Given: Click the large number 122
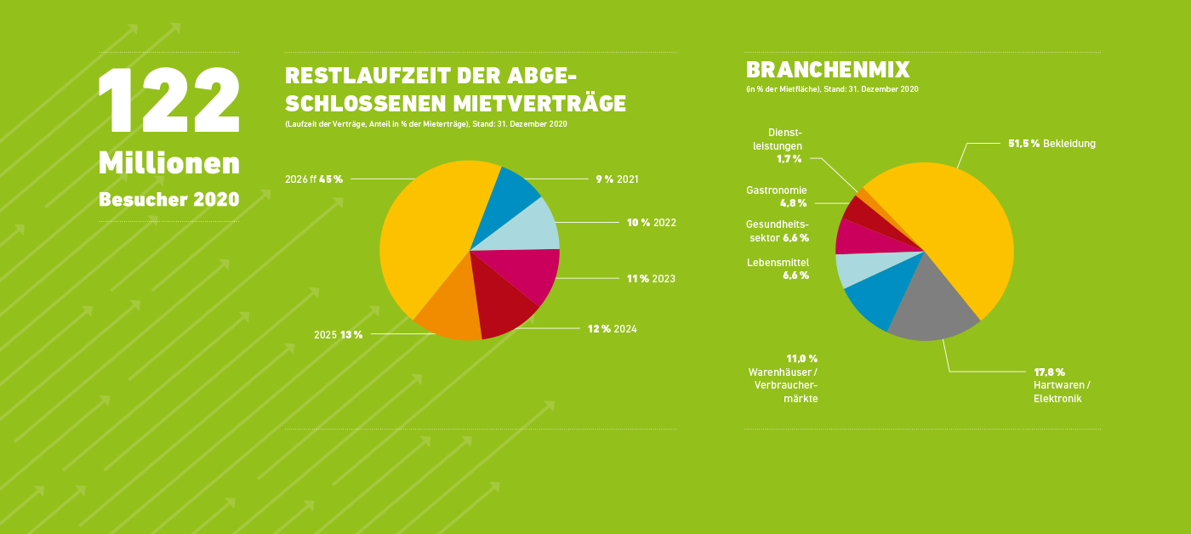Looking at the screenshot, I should [168, 99].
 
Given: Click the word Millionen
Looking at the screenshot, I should [168, 163].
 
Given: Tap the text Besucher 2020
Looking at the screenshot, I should [168, 200].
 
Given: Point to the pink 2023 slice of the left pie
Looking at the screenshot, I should [527, 272].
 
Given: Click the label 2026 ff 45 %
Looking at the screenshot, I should [314, 179].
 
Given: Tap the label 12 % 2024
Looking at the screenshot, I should [612, 329].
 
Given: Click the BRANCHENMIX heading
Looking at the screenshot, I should [828, 70].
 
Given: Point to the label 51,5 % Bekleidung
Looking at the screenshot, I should [1051, 144].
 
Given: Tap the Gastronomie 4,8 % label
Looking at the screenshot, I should [777, 196].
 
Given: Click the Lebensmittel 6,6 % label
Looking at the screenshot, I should [778, 269].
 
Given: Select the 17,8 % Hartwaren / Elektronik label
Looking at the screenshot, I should [1061, 384].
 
